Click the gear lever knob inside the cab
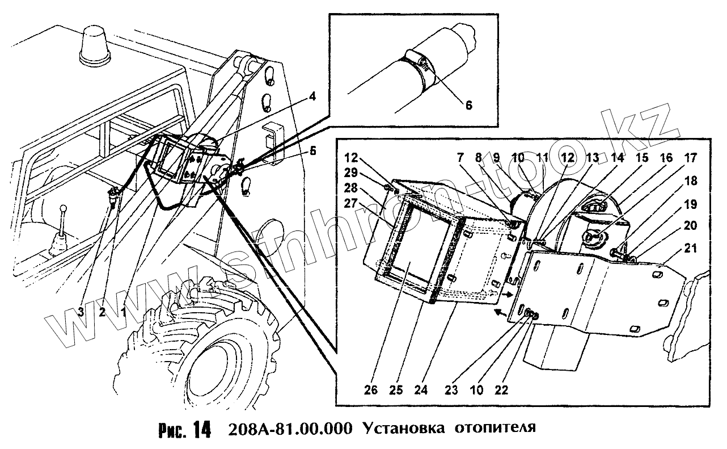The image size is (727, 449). (x=64, y=209)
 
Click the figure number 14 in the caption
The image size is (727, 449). (x=201, y=430)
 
